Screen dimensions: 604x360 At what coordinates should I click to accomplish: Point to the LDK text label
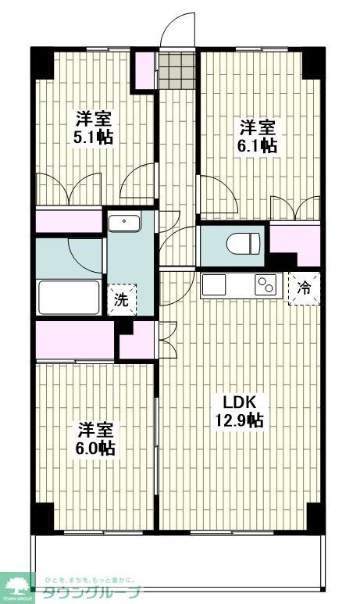point(240,402)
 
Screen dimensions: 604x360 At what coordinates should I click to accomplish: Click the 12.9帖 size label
point(240,420)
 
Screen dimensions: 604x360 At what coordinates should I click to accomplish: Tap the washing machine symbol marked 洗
point(121,298)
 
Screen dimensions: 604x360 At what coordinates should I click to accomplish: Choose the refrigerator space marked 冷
point(305,287)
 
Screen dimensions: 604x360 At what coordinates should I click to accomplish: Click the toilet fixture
point(242,245)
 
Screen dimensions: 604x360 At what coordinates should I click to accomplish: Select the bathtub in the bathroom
point(70,297)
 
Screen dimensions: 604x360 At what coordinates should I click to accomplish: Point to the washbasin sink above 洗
point(123,223)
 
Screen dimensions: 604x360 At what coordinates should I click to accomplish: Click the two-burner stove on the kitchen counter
point(266,286)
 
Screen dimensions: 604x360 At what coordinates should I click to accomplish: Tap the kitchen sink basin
point(214,285)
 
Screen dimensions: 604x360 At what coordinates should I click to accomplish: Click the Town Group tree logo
point(17,584)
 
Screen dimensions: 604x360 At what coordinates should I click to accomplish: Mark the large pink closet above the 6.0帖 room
point(75,338)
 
